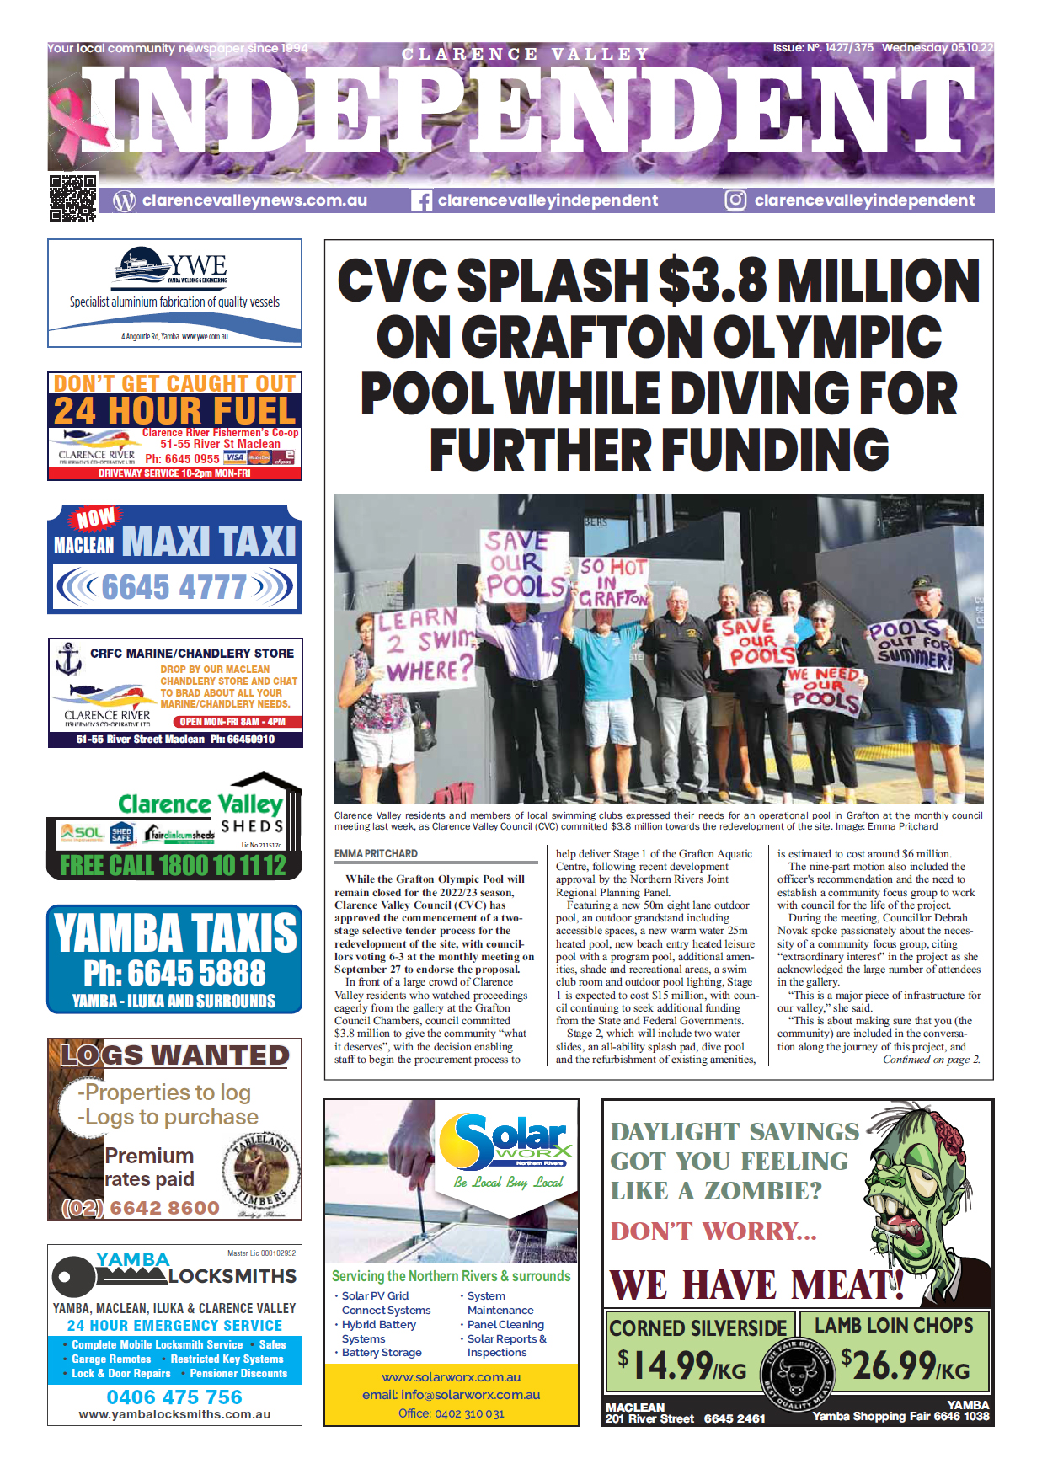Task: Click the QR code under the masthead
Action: coord(72,197)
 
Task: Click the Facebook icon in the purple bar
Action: coord(421,200)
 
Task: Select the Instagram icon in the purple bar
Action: coord(735,200)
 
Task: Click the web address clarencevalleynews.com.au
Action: coord(254,200)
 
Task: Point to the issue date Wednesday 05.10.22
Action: coord(937,48)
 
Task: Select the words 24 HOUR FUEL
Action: coord(175,411)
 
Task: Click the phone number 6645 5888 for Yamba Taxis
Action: coord(174,973)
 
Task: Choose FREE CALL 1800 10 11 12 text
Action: coord(173,865)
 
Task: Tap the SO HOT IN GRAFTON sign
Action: coord(612,582)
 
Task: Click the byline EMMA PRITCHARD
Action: coord(376,853)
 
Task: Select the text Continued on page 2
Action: coord(931,1060)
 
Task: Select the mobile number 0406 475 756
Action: coord(174,1397)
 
